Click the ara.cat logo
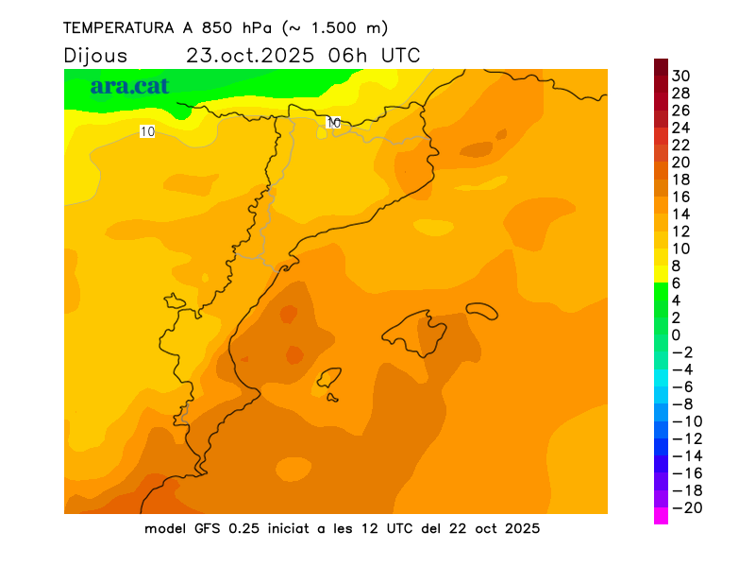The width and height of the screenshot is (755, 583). pyautogui.click(x=129, y=86)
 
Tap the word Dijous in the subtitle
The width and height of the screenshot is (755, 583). pyautogui.click(x=95, y=56)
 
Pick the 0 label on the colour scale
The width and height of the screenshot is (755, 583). pyautogui.click(x=676, y=335)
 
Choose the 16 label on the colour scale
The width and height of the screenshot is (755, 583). pyautogui.click(x=681, y=197)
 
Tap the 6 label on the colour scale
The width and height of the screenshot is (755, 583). pyautogui.click(x=676, y=283)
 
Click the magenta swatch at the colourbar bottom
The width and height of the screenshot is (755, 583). pyautogui.click(x=661, y=516)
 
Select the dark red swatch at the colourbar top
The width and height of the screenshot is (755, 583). pyautogui.click(x=661, y=67)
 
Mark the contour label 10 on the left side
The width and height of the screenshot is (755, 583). pyautogui.click(x=147, y=131)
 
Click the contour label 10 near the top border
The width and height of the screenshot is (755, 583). pyautogui.click(x=333, y=123)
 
